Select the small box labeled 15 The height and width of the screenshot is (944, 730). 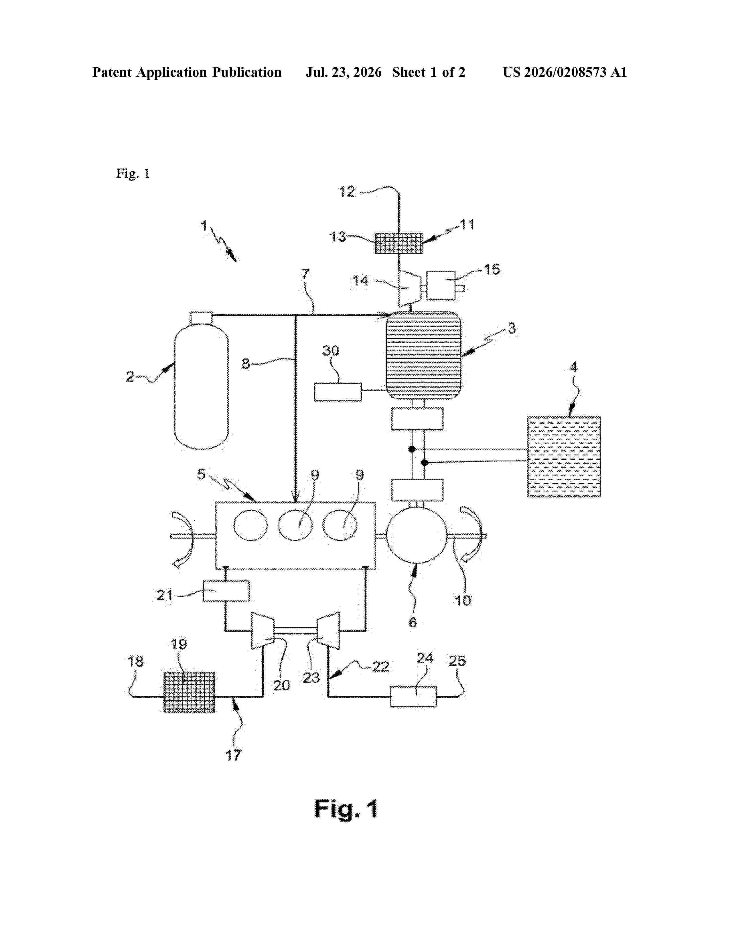tap(441, 286)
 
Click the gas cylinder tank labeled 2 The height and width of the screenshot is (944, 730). tap(201, 380)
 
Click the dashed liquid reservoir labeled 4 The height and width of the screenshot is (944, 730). tap(564, 457)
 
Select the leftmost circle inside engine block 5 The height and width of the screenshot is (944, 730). tap(251, 525)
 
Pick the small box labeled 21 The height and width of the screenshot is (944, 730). tap(226, 591)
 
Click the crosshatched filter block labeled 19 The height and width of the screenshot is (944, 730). tap(189, 692)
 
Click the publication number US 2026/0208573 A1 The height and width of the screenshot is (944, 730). tap(565, 72)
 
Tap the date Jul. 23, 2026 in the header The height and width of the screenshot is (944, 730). tap(344, 72)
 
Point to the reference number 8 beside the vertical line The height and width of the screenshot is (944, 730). tap(246, 364)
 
